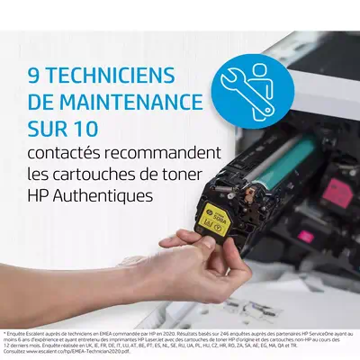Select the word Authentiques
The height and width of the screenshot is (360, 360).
[x=110, y=194]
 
